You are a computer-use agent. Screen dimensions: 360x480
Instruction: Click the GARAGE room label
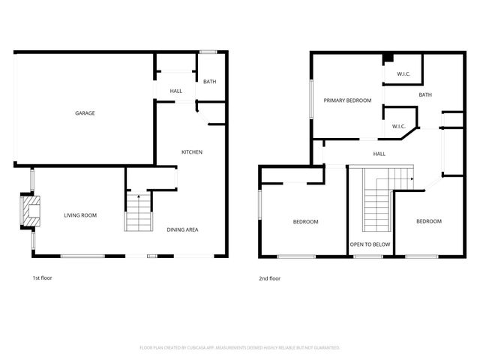tap(85, 113)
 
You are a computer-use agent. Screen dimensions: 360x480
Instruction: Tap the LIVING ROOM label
tap(80, 215)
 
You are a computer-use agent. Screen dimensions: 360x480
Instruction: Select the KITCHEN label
tap(192, 152)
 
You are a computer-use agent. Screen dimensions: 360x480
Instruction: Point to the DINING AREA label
tap(182, 229)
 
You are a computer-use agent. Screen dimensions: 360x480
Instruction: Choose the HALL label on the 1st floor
tap(176, 91)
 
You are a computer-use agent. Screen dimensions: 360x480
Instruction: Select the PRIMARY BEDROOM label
tap(347, 100)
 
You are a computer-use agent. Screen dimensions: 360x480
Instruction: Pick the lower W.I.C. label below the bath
tap(398, 126)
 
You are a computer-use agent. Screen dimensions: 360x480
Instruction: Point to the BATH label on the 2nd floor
tap(425, 94)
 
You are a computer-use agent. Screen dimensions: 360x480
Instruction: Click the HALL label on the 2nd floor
tap(379, 154)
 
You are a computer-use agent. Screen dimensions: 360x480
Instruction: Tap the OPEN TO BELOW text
tap(370, 244)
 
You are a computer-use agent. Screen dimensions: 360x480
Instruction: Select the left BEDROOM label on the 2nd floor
tap(305, 221)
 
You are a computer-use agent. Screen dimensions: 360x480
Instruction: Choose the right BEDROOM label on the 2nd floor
tap(428, 221)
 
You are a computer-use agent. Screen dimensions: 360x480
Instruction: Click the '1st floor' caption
tap(42, 278)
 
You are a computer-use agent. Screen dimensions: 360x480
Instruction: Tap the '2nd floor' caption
tap(269, 278)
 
